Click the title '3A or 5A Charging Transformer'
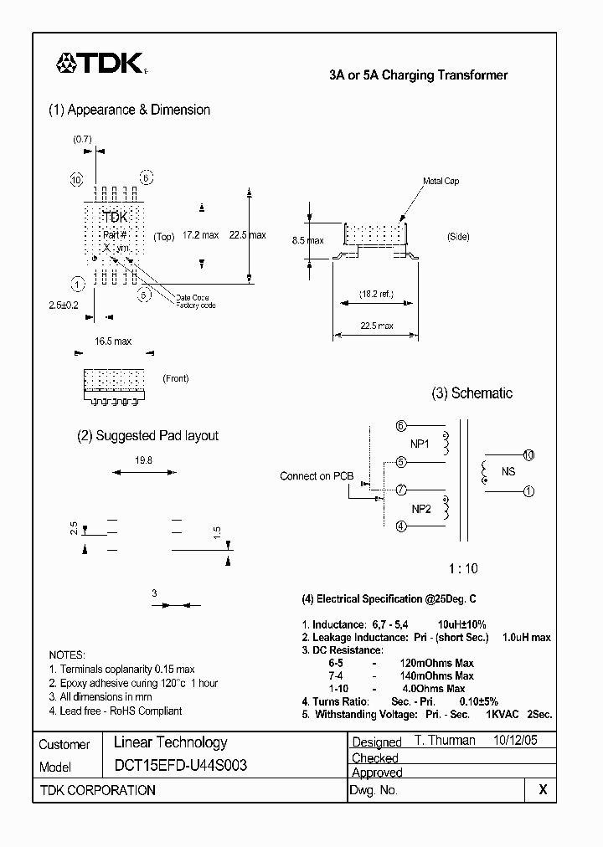pos(418,75)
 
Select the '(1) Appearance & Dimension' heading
pos(130,110)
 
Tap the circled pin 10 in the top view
pos(76,179)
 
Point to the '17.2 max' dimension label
pos(200,235)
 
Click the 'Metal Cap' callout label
pos(441,181)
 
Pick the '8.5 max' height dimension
pos(308,240)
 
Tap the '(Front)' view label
pos(175,378)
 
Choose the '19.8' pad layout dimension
pos(143,459)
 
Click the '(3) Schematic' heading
pos(472,393)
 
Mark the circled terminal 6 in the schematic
pos(401,426)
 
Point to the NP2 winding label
pos(420,508)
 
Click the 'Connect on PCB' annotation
pos(317,476)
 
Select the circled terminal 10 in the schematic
pos(528,455)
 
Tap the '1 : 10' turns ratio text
pos(463,568)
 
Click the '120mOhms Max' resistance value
pos(437,662)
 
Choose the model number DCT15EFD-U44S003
pos(180,765)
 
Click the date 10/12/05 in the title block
pos(519,741)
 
